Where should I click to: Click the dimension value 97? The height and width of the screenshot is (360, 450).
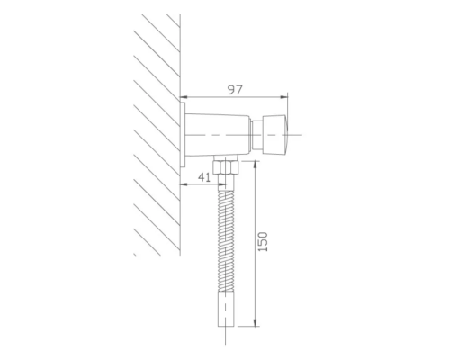click(x=235, y=90)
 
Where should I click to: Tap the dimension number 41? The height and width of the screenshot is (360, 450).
click(x=204, y=177)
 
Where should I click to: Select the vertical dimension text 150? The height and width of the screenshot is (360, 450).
click(x=263, y=242)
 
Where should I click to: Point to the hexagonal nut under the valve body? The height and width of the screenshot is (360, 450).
click(x=226, y=167)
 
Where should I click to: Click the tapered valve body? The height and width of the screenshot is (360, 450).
click(x=218, y=135)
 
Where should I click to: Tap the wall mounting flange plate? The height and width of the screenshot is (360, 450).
click(x=183, y=135)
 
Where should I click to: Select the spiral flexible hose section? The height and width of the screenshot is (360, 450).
click(x=226, y=240)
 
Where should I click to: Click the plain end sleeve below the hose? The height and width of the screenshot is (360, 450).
click(x=226, y=309)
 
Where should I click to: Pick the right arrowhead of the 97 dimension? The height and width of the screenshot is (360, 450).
click(x=284, y=97)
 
